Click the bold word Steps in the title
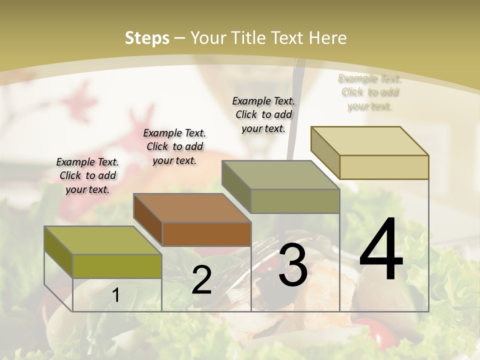147,38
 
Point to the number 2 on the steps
201,280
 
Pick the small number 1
115,295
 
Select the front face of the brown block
206,234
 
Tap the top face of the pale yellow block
369,140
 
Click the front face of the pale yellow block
384,167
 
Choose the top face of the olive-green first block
102,240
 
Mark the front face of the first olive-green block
117,266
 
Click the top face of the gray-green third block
280,174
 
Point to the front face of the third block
295,201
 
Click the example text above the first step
87,175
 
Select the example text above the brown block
174,146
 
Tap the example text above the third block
263,114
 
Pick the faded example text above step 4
370,92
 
